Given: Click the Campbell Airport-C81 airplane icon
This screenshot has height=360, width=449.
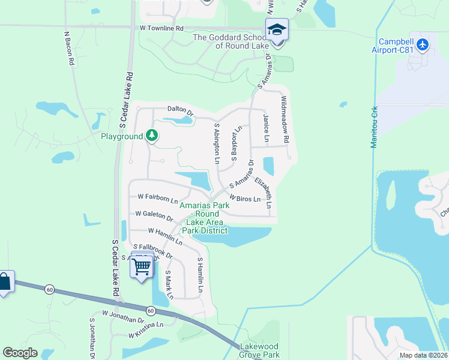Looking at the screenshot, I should [423, 44].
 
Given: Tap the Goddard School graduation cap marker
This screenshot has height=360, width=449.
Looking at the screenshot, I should [277, 29].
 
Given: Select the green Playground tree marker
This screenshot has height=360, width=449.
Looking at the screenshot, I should [152, 136].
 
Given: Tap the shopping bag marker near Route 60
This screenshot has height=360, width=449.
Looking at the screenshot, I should [4, 282].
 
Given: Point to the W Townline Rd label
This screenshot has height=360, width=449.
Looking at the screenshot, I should [161, 28].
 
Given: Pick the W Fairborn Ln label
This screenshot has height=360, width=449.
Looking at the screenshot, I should [158, 197].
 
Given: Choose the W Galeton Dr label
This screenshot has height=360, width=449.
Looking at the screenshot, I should [154, 214].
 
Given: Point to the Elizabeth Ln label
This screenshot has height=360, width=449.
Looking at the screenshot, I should [265, 192].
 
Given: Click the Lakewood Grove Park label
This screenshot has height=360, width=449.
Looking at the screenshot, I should [259, 350].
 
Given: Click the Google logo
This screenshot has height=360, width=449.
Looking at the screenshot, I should [20, 353].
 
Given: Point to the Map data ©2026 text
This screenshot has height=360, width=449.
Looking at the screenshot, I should [423, 355].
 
